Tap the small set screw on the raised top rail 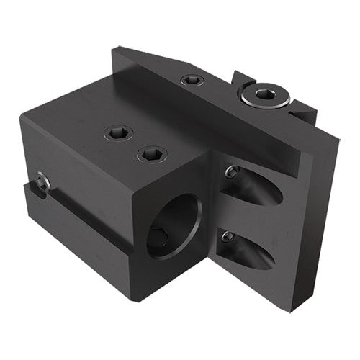tap(191, 80)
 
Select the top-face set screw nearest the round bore tap(152, 153)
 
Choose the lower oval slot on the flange tap(248, 249)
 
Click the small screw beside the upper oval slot tap(232, 171)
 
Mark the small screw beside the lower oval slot tap(228, 236)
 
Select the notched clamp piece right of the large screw tap(302, 108)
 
